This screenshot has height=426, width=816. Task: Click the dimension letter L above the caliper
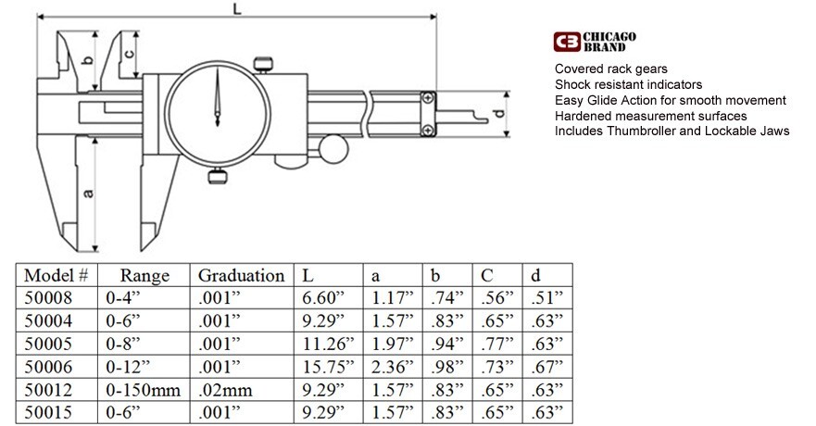238,9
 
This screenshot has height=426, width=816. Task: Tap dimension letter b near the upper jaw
87,61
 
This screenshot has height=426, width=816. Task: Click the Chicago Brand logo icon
566,42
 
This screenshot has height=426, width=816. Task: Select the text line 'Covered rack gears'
610,69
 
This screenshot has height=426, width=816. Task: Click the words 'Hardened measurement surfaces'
650,116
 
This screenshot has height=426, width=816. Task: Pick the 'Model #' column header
56,275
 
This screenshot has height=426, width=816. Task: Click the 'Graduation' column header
241,275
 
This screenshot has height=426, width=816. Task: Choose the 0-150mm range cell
137,388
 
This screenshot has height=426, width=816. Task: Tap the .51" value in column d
546,298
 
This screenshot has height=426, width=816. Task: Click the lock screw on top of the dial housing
265,63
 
